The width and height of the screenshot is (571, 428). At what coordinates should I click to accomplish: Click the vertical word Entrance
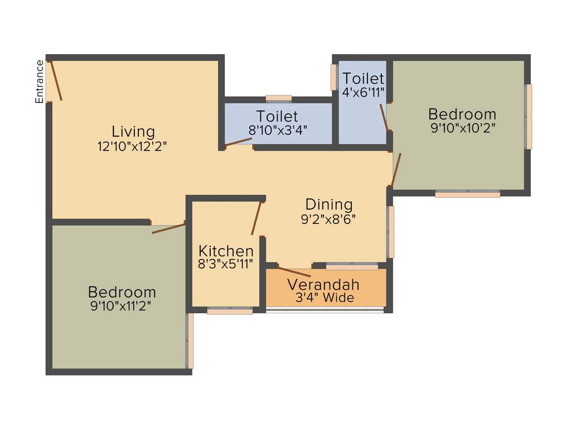40,81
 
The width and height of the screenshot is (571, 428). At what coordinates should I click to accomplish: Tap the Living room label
133,132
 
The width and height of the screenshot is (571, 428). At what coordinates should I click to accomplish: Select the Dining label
329,205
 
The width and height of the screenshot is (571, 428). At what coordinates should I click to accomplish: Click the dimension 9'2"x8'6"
328,218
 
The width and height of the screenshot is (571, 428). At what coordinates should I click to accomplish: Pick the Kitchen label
226,251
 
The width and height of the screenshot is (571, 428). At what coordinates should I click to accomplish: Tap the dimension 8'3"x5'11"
226,264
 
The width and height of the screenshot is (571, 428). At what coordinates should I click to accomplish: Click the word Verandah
323,285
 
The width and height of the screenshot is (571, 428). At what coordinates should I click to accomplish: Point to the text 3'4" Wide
325,298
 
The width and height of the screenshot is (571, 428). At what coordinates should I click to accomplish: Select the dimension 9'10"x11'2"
121,305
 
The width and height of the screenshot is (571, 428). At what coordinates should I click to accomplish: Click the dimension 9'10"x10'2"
462,128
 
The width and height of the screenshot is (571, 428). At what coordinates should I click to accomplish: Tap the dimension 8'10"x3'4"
278,130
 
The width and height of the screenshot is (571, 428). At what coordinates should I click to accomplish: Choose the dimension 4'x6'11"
364,92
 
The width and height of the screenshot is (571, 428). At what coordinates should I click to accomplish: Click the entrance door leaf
56,81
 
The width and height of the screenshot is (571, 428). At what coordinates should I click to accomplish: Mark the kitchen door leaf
256,218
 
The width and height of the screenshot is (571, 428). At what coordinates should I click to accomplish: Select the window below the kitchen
230,311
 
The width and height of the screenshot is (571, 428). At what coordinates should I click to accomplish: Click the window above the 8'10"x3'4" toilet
279,99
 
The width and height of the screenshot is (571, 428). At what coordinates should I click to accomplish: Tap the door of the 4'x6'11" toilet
383,117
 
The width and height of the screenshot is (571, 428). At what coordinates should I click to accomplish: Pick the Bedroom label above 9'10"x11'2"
122,292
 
